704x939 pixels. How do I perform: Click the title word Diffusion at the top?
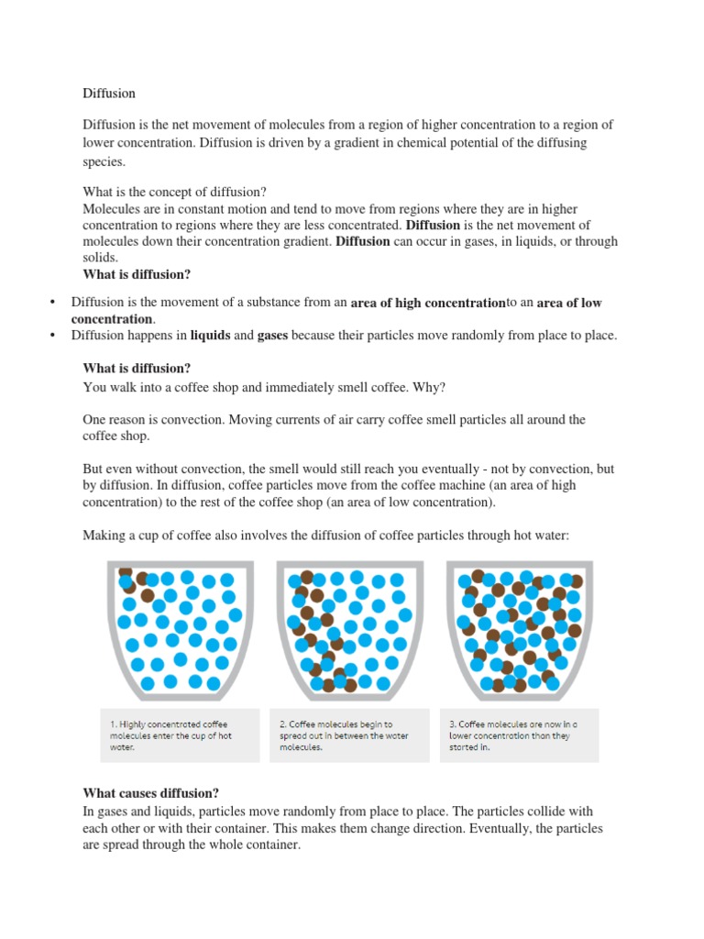[x=109, y=94]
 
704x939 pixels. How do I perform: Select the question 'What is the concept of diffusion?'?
[x=174, y=192]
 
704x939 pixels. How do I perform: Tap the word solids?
[x=101, y=258]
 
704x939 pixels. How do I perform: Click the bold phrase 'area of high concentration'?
[x=428, y=303]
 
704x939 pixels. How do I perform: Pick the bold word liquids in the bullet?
[x=210, y=336]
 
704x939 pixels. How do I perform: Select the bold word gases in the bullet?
[x=272, y=336]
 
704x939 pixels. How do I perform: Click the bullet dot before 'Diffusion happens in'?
[x=52, y=336]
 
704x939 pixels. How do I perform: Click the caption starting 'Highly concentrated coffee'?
[x=170, y=735]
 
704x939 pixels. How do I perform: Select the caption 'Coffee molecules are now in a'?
[x=513, y=735]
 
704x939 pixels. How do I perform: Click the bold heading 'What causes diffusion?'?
[x=151, y=793]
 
